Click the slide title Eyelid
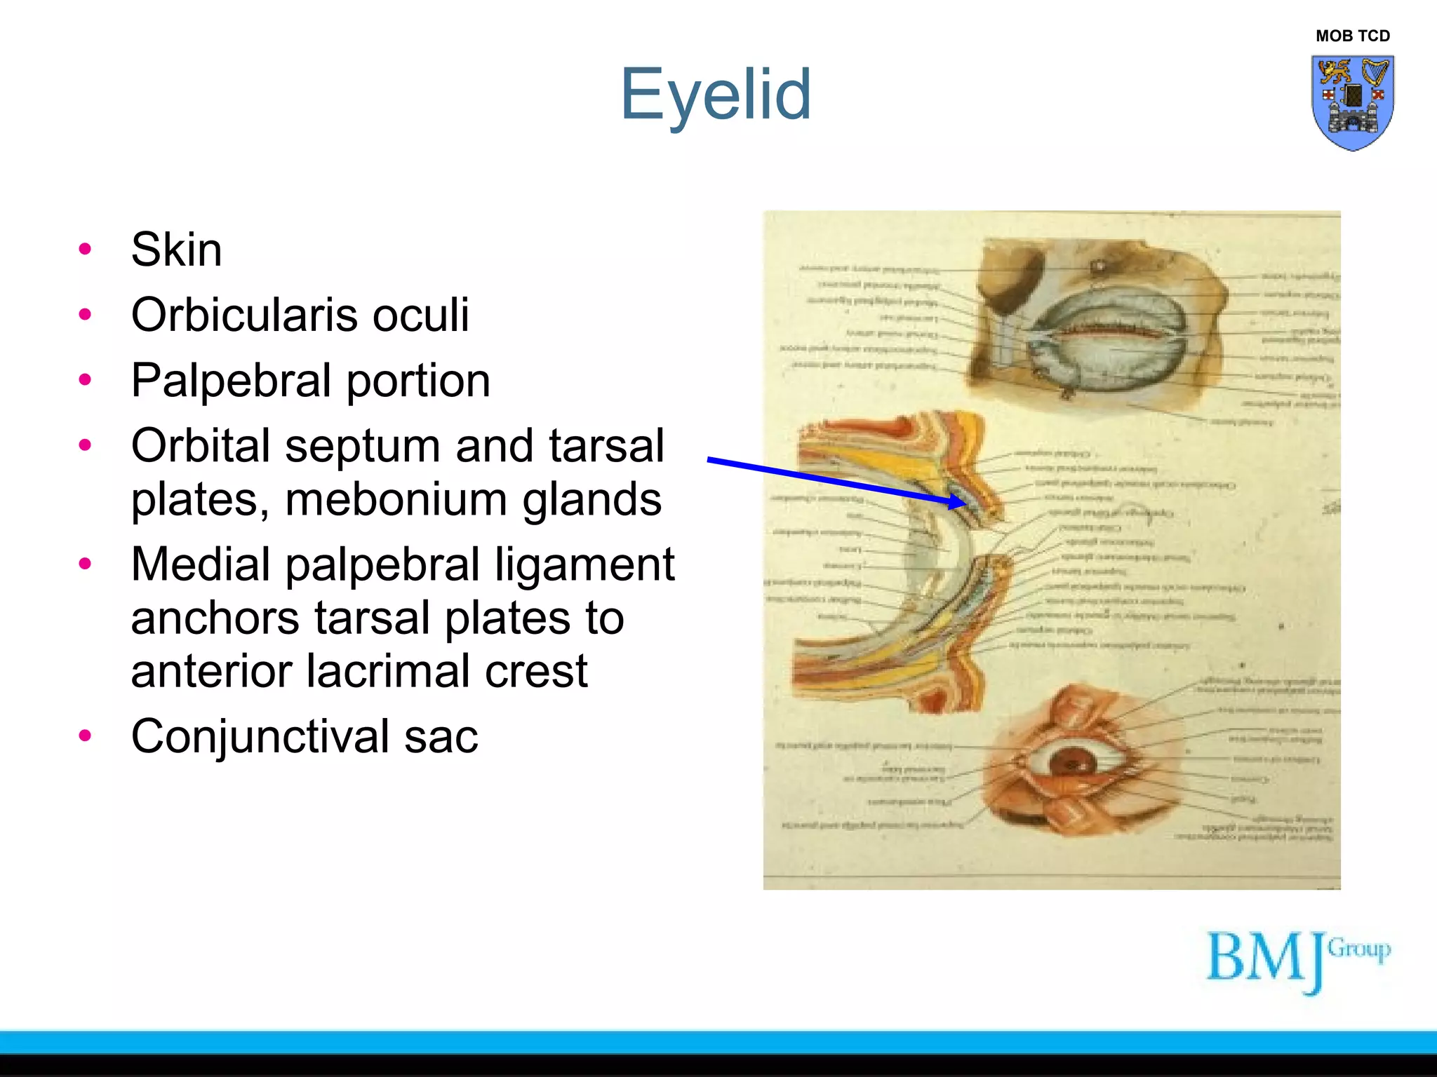coord(716,95)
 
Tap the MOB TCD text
coord(1352,36)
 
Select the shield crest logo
coord(1352,102)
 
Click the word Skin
coord(177,250)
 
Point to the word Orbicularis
coord(241,315)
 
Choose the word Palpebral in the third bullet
coord(232,381)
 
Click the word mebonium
coord(396,499)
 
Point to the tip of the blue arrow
coord(965,503)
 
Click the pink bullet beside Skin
coord(86,249)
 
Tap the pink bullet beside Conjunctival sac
coord(86,736)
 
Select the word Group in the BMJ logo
coord(1359,949)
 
